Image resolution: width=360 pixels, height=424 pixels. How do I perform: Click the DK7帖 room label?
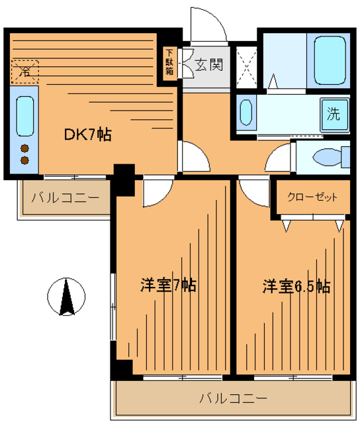[87, 135]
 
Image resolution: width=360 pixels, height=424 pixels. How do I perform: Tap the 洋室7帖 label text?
[167, 286]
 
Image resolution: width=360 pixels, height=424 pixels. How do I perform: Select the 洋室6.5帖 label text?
[296, 286]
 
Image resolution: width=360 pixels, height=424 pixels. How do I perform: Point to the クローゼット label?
[312, 197]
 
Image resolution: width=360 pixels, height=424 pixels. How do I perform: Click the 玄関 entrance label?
[208, 65]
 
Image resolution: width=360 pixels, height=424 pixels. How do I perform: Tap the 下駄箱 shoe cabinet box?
[170, 63]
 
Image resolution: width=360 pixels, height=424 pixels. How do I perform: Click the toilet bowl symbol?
[329, 158]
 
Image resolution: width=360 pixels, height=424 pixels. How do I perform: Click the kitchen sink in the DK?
[24, 117]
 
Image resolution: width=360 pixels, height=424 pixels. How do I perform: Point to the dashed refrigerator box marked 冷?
[26, 69]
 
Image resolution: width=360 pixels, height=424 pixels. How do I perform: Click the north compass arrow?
[67, 297]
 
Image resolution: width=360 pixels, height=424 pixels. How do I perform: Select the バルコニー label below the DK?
[66, 197]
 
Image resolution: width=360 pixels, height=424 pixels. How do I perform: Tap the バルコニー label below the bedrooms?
[233, 398]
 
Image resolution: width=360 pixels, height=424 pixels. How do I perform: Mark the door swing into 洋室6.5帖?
[253, 191]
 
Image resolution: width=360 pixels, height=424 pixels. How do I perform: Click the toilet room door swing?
[279, 159]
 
